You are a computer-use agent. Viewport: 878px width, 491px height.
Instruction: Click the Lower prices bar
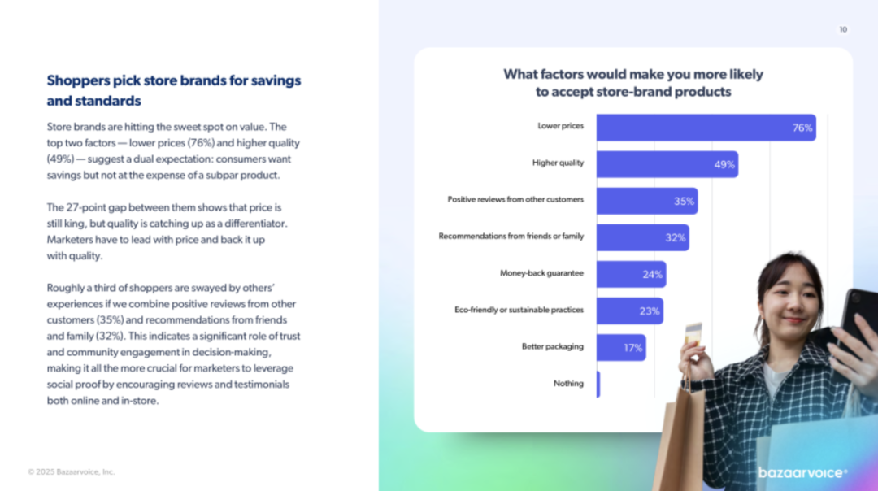point(706,128)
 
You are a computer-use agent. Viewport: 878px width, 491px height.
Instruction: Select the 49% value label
point(724,164)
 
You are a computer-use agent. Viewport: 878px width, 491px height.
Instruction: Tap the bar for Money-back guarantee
point(631,274)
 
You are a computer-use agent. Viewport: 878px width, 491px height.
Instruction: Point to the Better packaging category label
point(552,346)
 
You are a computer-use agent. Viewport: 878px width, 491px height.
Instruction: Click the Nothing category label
point(568,383)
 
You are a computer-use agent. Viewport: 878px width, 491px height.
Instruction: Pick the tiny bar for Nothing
point(598,384)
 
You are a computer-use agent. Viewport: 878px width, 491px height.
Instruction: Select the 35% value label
point(684,201)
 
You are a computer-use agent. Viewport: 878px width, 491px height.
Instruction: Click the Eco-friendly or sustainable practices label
point(519,310)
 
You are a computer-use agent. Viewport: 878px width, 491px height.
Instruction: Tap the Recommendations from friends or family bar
point(642,237)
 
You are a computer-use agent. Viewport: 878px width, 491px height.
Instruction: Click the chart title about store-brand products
point(633,83)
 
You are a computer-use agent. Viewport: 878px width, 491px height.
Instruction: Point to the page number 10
point(843,29)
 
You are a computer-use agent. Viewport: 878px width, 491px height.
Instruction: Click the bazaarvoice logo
point(802,472)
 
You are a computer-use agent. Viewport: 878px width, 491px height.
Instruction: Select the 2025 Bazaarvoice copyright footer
point(72,471)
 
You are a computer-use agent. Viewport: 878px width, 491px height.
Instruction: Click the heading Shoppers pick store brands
point(174,90)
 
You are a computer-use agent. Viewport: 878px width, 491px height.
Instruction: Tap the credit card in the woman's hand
point(693,333)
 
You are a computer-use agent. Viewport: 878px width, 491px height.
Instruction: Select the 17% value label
point(633,347)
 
